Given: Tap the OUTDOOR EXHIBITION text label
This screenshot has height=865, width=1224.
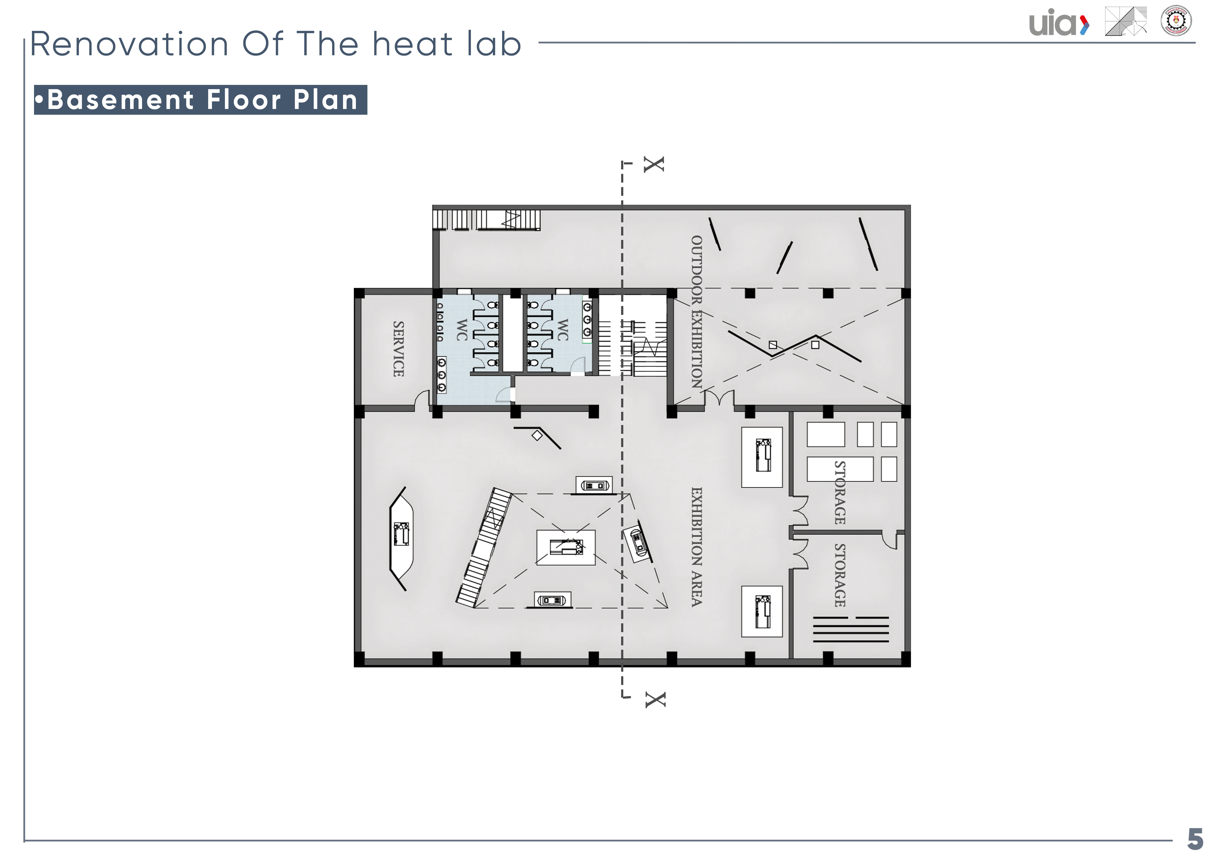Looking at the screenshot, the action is [696, 312].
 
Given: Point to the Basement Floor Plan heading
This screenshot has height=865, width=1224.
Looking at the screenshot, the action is [201, 100].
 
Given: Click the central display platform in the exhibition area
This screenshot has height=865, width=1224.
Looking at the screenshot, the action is [566, 547].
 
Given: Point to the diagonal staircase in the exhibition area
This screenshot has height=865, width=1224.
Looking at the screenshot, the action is [484, 547].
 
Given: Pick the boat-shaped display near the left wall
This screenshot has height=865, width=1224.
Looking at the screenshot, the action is [401, 538].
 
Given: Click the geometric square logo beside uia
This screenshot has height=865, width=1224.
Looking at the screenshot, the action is [1126, 21].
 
